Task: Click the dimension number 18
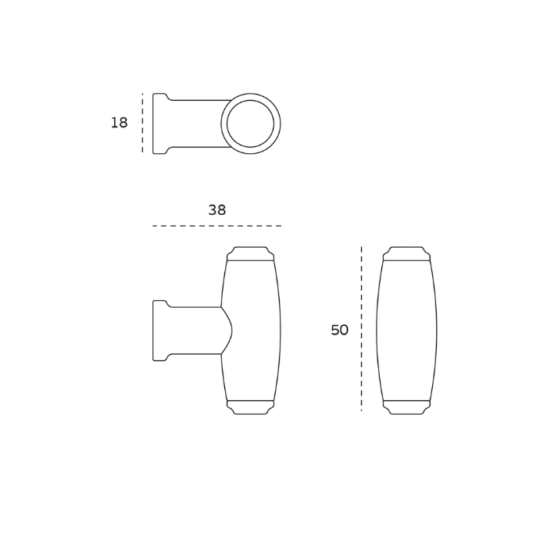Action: pyautogui.click(x=119, y=123)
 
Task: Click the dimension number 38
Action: pyautogui.click(x=217, y=210)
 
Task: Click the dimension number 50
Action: pyautogui.click(x=339, y=331)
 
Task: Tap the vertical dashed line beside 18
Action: pyautogui.click(x=142, y=123)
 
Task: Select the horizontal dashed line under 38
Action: pyautogui.click(x=216, y=226)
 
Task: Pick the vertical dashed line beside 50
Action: pyautogui.click(x=361, y=329)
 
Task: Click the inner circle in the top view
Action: pyautogui.click(x=251, y=123)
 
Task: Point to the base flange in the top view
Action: pyautogui.click(x=159, y=123)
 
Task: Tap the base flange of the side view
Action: pyautogui.click(x=159, y=331)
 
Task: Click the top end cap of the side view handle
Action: pyautogui.click(x=251, y=253)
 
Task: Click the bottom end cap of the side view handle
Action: pyautogui.click(x=251, y=407)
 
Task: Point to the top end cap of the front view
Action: pyautogui.click(x=406, y=253)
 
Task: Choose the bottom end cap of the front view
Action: pyautogui.click(x=406, y=407)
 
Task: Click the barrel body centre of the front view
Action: pyautogui.click(x=406, y=331)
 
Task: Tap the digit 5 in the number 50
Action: pyautogui.click(x=334, y=331)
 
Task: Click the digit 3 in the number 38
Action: pyautogui.click(x=213, y=210)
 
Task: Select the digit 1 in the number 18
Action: pyautogui.click(x=113, y=123)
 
